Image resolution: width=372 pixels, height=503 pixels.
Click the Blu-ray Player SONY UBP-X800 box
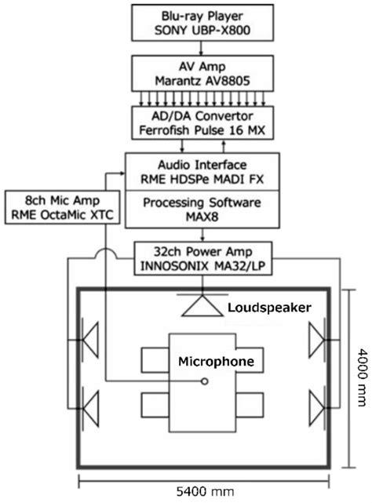pyautogui.click(x=200, y=24)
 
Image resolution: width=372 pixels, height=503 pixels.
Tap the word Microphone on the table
pyautogui.click(x=215, y=363)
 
